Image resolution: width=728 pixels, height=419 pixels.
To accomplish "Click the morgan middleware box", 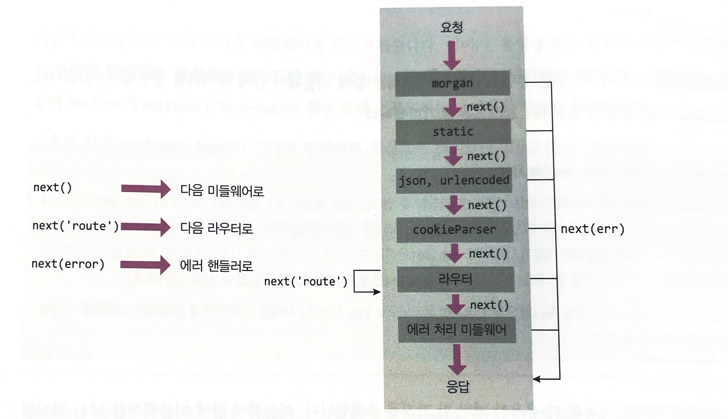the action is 452,83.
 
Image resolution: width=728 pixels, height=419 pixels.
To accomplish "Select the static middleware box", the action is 453,132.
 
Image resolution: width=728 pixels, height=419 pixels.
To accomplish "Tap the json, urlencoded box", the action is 454,181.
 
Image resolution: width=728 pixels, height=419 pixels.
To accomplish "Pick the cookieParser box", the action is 454,230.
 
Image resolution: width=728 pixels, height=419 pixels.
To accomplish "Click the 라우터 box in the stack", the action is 455,279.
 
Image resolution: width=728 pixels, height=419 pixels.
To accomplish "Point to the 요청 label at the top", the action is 452,28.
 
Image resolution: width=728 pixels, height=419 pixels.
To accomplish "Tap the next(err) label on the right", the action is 592,229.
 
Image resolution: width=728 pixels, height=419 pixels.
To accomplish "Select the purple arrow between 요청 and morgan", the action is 452,55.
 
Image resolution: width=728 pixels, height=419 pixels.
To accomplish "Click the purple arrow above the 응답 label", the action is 457,359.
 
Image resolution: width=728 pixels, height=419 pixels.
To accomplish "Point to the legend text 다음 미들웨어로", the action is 222,190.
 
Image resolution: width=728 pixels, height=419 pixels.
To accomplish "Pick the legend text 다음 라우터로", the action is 216,228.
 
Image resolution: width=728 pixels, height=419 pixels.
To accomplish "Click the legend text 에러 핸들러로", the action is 216,266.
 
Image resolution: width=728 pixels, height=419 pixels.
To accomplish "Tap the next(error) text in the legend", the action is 68,264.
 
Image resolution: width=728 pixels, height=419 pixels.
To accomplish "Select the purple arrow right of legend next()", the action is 146,189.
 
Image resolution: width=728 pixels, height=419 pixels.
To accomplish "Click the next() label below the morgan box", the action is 485,107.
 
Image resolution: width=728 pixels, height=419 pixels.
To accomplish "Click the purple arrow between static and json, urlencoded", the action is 453,156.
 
